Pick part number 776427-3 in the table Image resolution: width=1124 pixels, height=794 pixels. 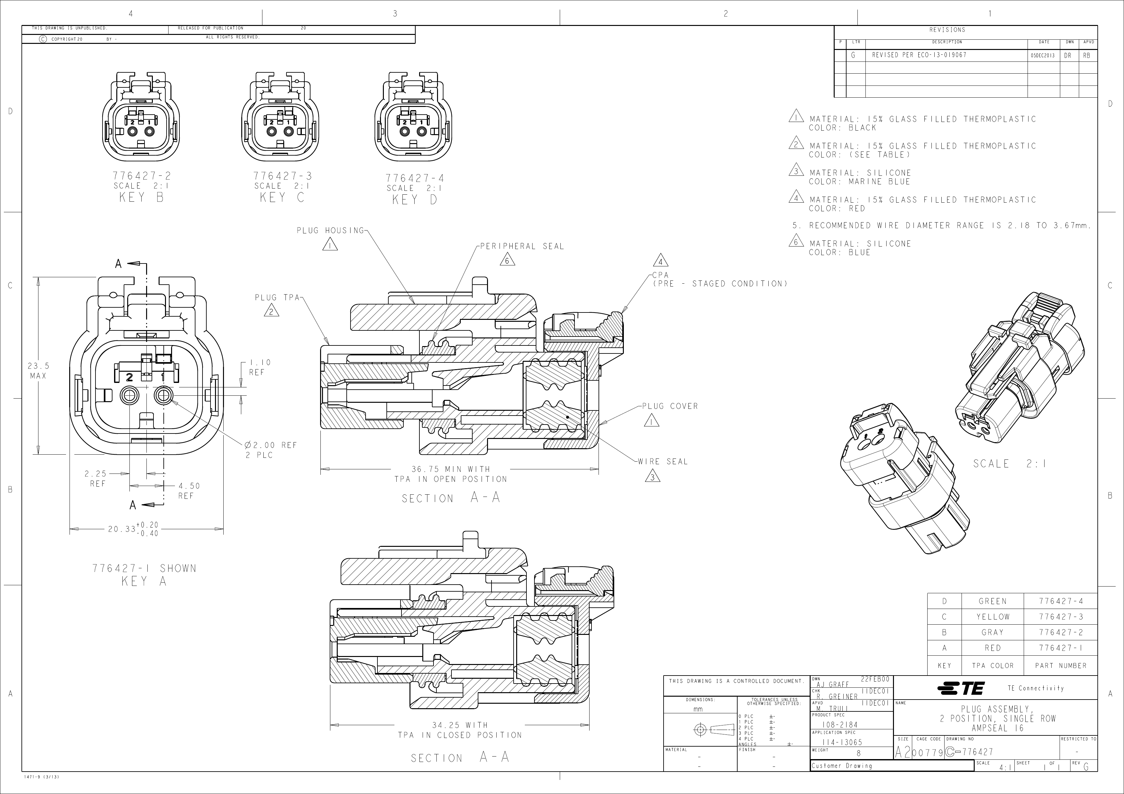pos(1060,617)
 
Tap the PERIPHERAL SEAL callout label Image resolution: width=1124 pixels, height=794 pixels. pos(522,247)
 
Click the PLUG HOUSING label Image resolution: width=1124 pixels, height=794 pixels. pos(330,231)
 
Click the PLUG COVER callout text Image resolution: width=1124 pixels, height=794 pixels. pos(670,406)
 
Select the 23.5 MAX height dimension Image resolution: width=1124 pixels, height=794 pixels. pos(38,370)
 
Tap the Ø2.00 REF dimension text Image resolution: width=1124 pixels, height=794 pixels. pos(271,445)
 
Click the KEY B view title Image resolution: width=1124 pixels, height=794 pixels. pos(141,198)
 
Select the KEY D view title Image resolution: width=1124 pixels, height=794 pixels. pos(415,199)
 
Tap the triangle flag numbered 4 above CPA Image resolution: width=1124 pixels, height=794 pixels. pos(660,261)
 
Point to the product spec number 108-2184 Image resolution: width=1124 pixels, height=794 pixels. pos(839,725)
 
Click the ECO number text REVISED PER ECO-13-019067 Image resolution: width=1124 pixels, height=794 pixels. pos(919,55)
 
